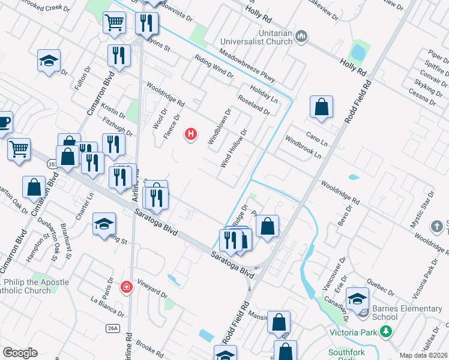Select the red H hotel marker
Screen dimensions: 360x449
point(191,134)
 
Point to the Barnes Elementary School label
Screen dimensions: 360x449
point(406,313)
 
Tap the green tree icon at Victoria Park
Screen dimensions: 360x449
point(387,331)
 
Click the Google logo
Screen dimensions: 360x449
point(20,353)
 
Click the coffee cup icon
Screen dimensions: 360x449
point(4,122)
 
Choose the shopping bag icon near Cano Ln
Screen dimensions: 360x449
point(322,107)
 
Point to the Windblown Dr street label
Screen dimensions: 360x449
point(220,126)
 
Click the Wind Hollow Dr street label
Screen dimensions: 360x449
point(234,148)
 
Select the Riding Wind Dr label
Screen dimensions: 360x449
point(214,66)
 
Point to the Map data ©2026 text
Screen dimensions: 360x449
point(423,355)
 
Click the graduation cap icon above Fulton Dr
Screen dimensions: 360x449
point(49,61)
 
